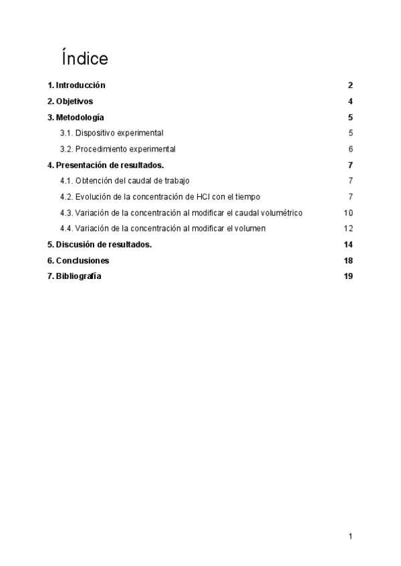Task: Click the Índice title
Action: coord(84,59)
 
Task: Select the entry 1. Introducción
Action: coord(76,85)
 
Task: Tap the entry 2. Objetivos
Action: coord(70,101)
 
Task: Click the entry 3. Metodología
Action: coord(76,117)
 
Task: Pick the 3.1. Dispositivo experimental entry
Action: coord(112,133)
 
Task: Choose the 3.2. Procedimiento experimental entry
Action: coord(118,149)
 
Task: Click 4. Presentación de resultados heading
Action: coord(106,165)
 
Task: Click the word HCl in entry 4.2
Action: coord(203,197)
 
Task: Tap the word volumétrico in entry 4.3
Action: coord(282,213)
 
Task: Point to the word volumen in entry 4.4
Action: coord(249,228)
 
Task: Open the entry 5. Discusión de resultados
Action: coord(100,244)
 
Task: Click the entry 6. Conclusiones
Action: coord(78,260)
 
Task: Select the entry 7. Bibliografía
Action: coord(74,276)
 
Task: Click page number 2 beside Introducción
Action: coord(350,85)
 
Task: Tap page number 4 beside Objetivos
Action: coord(350,101)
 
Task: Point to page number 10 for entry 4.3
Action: coord(348,213)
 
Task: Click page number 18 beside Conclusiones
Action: coord(348,260)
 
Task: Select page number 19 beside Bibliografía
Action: coord(348,276)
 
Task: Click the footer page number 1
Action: coord(350,536)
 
